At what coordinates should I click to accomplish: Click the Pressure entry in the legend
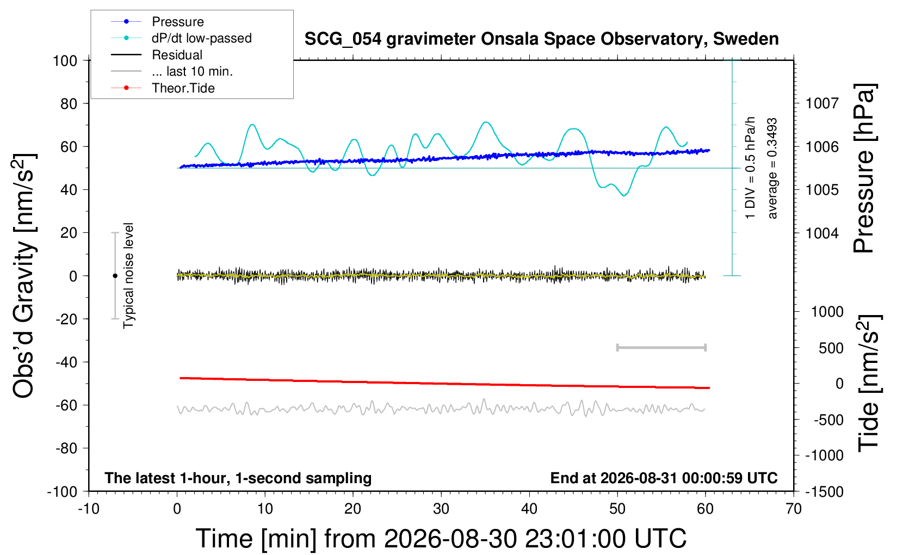click(178, 22)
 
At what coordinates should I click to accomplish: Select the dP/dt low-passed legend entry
click(202, 38)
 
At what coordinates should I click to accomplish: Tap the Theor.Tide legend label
click(183, 88)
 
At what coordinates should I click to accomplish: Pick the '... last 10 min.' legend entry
click(192, 72)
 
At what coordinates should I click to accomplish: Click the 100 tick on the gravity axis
click(65, 61)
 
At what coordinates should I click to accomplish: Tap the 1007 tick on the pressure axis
click(822, 104)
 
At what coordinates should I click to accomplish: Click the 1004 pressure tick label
click(822, 233)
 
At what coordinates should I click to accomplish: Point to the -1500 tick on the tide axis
click(824, 492)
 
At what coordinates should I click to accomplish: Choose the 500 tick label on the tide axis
click(831, 348)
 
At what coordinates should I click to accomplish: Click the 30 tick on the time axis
click(441, 509)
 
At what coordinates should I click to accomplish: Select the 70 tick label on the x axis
click(793, 509)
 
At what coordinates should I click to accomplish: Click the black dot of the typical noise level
click(115, 276)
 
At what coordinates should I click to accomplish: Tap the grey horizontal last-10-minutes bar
click(661, 348)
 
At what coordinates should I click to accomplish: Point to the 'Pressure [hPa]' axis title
click(864, 168)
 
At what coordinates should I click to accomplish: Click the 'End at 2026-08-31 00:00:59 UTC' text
click(664, 478)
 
